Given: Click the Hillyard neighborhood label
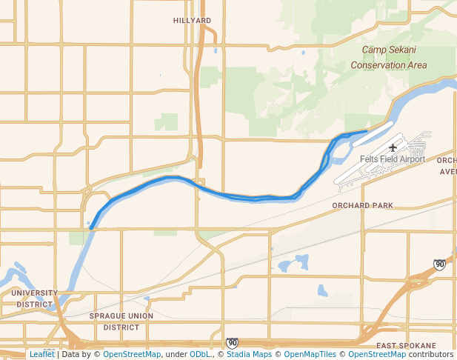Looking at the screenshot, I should click(x=192, y=21).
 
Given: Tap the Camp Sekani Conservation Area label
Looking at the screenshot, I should click(x=393, y=58).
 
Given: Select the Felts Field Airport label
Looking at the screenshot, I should click(x=393, y=159).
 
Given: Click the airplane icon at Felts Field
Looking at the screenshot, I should click(x=393, y=147).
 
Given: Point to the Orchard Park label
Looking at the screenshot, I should click(x=362, y=205).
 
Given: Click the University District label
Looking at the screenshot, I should click(x=34, y=299).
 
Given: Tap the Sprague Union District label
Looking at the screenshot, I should click(x=121, y=321).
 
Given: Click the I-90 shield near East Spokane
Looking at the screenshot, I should click(x=440, y=264).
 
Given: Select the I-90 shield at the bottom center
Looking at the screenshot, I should click(x=232, y=342).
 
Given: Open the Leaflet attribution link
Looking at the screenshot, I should click(x=41, y=354).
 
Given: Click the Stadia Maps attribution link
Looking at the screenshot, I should click(x=249, y=354).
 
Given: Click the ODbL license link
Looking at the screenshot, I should click(x=200, y=354).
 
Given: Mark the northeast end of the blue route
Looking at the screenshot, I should click(x=366, y=132).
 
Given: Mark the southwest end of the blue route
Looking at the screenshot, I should click(x=92, y=227).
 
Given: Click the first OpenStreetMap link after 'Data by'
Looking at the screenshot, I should click(x=131, y=354).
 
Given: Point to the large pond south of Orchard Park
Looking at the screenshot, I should click(x=301, y=261).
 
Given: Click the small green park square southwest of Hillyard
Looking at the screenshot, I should click(x=170, y=122).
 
